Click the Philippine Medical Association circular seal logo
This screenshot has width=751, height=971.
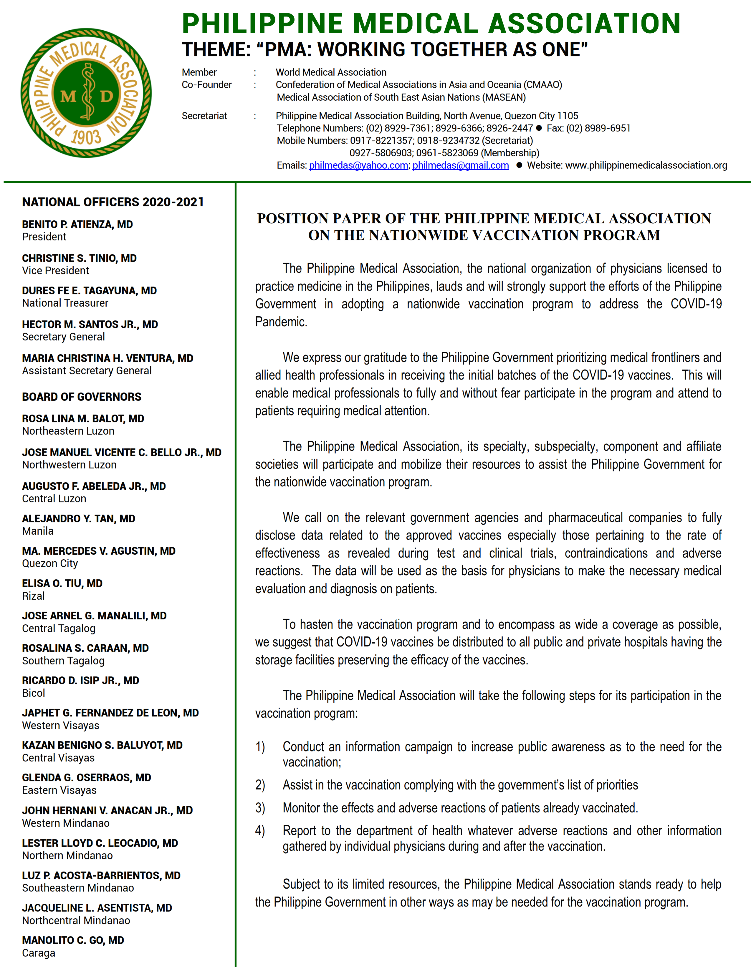86,93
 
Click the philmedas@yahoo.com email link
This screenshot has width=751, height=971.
359,165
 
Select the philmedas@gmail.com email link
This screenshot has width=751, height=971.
461,165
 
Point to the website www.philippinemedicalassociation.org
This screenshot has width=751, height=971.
646,165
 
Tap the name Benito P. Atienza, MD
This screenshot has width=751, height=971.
77,225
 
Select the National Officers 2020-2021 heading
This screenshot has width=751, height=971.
113,202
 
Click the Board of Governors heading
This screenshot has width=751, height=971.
82,397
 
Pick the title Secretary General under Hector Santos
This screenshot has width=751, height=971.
64,337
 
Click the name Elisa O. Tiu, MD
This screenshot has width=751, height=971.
62,583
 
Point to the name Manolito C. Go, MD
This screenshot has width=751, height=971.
73,940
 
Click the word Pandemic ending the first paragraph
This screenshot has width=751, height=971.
281,322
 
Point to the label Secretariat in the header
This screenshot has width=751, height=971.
204,116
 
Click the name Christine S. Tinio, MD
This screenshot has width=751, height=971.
79,258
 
